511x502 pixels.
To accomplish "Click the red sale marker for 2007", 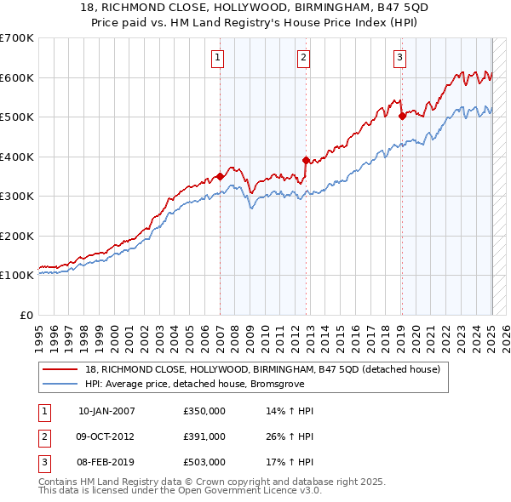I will point(220,177).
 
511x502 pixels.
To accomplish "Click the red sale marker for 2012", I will point(307,160).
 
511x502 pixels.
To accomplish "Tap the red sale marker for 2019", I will point(402,117).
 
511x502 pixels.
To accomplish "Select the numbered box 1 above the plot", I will point(218,58).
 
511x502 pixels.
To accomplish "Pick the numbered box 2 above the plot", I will point(303,58).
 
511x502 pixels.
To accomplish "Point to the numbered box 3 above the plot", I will point(399,58).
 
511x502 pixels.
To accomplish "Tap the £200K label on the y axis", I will point(17,236).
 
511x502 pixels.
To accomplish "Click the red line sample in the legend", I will point(60,369).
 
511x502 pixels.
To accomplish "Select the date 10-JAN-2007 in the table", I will point(106,411).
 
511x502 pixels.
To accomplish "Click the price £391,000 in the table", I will point(204,436).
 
